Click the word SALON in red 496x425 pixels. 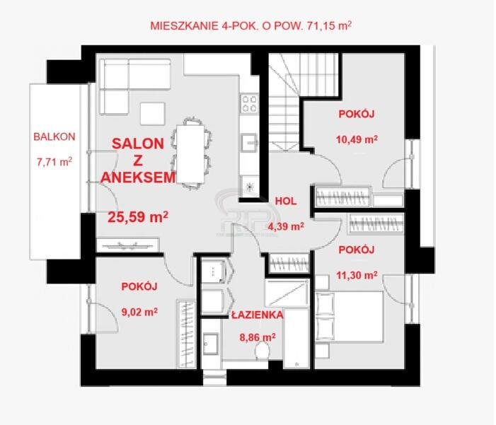point(138,143)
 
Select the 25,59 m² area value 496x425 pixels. point(137,216)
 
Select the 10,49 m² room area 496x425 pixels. point(356,139)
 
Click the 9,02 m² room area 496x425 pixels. point(139,310)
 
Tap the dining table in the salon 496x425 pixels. point(190,151)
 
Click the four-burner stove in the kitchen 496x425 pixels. point(249,104)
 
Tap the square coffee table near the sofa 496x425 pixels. point(153,113)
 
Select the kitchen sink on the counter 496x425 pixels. point(248,141)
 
